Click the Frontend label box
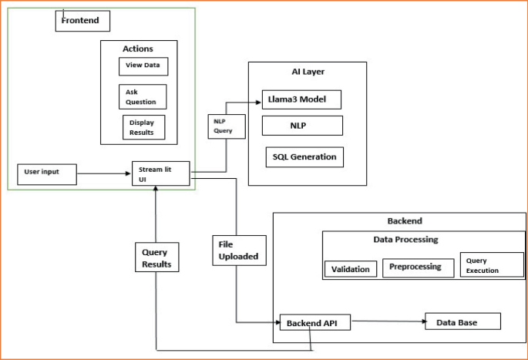point(82,21)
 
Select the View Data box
point(143,66)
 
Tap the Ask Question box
point(143,97)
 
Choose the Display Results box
point(143,127)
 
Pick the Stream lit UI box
point(160,173)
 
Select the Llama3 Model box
point(301,99)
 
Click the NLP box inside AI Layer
point(301,125)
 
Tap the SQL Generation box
point(304,156)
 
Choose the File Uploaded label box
point(239,251)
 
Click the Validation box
point(351,269)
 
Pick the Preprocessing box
point(418,267)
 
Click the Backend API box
point(314,323)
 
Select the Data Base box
point(462,321)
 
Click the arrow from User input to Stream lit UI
point(104,174)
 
